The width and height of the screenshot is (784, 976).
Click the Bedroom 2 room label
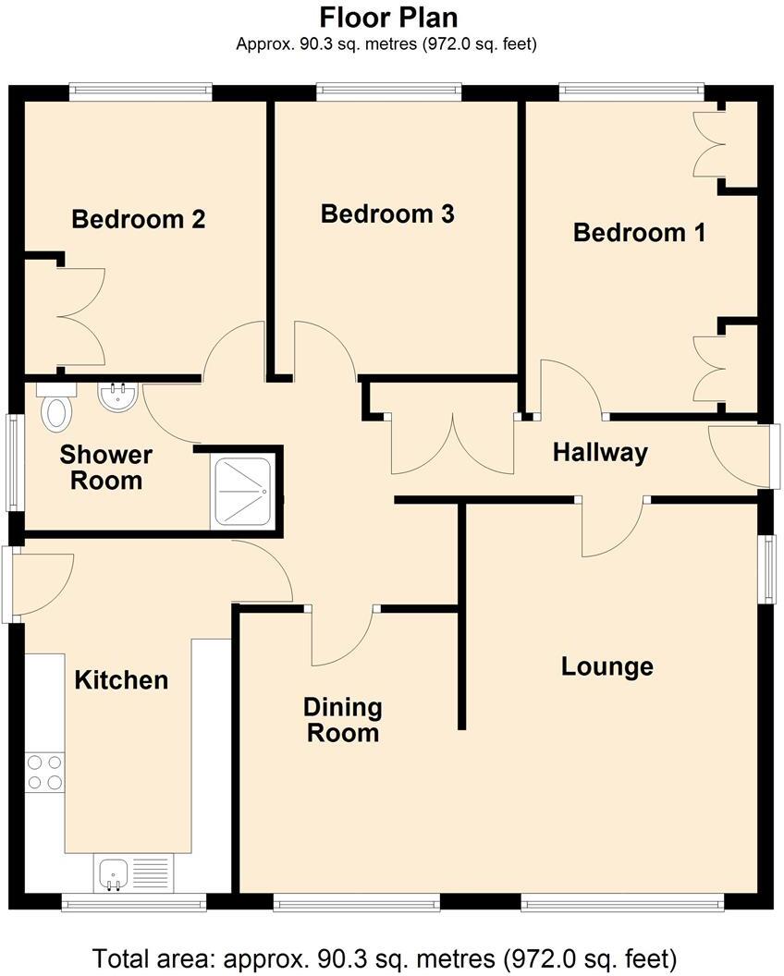[x=139, y=219]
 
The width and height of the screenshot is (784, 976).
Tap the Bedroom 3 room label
[x=387, y=214]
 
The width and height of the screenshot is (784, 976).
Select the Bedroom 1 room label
[x=639, y=232]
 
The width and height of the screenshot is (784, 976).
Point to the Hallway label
[x=600, y=453]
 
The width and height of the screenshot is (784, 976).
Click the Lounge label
[x=607, y=666]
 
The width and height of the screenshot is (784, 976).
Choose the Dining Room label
[x=343, y=721]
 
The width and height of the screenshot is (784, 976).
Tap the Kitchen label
[x=121, y=680]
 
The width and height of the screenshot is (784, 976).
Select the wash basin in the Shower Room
[x=117, y=398]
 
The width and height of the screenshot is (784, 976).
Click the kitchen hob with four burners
[x=44, y=773]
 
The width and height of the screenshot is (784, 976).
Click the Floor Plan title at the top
[x=388, y=17]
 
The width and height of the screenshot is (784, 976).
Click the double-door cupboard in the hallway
[x=452, y=443]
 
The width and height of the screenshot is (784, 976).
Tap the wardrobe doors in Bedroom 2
[x=81, y=317]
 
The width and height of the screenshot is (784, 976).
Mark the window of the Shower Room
[x=13, y=461]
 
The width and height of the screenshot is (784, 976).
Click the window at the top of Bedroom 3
[x=388, y=91]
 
